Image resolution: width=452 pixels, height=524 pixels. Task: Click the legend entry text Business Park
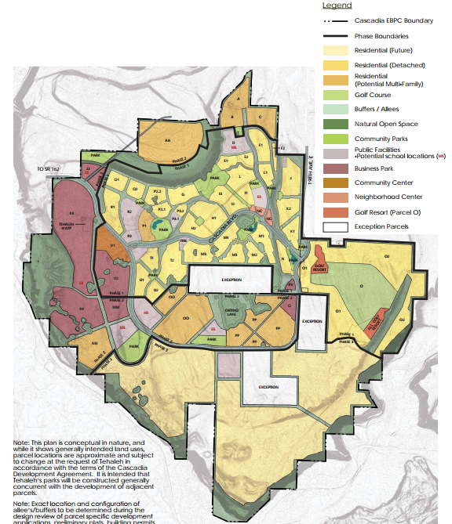coord(374,168)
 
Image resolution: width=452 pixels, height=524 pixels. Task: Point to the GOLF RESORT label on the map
coord(319,266)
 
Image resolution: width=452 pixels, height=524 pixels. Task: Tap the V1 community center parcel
coord(114,246)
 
